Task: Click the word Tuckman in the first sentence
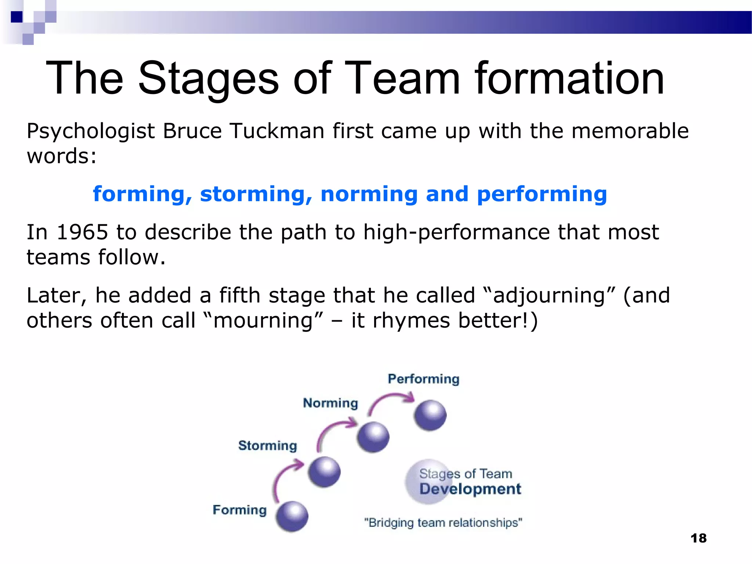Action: pyautogui.click(x=277, y=131)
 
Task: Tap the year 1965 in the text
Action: pyautogui.click(x=82, y=232)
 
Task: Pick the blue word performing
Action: pyautogui.click(x=542, y=195)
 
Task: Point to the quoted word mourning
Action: pyautogui.click(x=263, y=321)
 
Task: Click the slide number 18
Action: pyautogui.click(x=698, y=538)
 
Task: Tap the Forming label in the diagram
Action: pyautogui.click(x=239, y=510)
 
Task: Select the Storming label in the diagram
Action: pyautogui.click(x=267, y=445)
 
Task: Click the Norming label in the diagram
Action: pyautogui.click(x=330, y=403)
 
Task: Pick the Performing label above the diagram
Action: pyautogui.click(x=423, y=379)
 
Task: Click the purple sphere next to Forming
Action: pyautogui.click(x=292, y=517)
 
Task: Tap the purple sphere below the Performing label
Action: pyautogui.click(x=430, y=415)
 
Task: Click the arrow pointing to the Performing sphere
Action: pyautogui.click(x=389, y=400)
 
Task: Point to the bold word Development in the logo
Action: pyautogui.click(x=470, y=489)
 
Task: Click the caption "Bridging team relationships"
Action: pyautogui.click(x=443, y=523)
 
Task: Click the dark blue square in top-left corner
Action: pyautogui.click(x=17, y=17)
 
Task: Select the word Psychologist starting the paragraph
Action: pyautogui.click(x=91, y=131)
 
